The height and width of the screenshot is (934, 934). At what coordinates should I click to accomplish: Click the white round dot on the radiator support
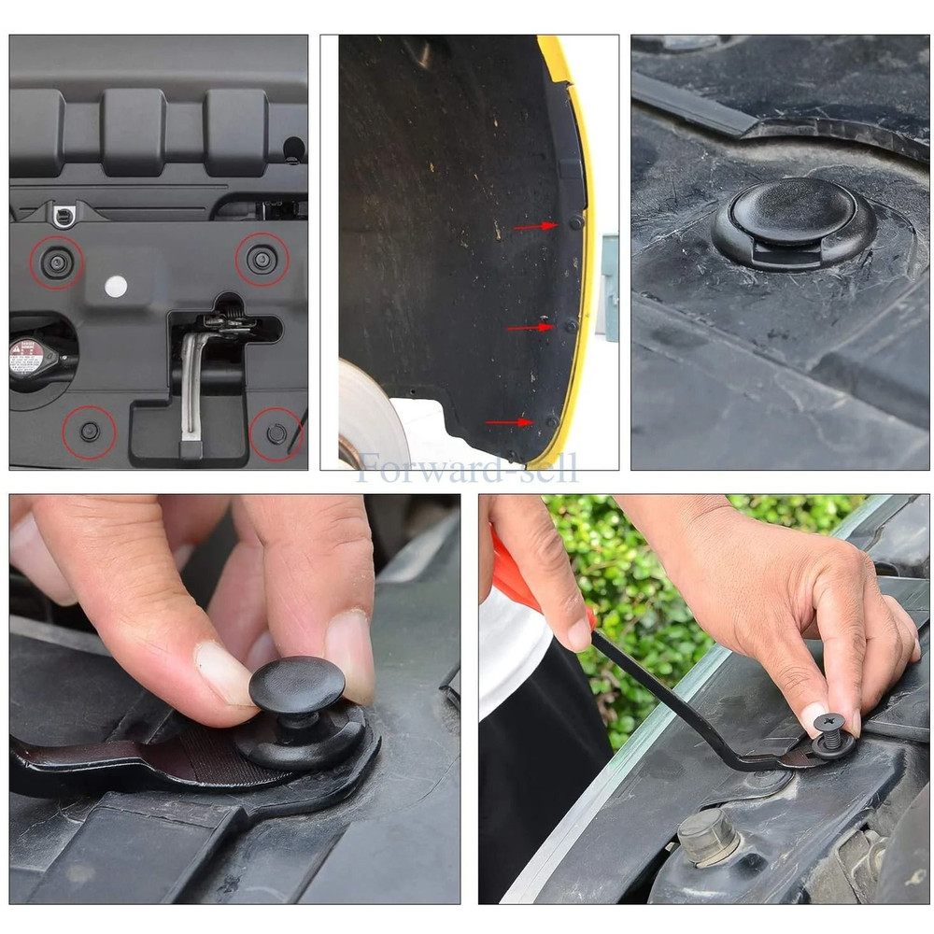click(x=116, y=287)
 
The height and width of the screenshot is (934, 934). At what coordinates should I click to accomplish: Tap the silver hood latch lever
click(x=191, y=383)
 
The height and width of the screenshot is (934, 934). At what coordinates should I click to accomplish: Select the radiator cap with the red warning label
click(x=29, y=356)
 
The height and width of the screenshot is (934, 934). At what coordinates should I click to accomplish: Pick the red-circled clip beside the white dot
click(x=58, y=263)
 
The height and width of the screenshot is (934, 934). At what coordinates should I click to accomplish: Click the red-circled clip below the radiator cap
click(x=90, y=432)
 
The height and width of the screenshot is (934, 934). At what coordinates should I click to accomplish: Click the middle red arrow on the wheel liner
click(x=529, y=328)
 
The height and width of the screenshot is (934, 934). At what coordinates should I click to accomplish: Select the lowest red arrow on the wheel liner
click(x=509, y=422)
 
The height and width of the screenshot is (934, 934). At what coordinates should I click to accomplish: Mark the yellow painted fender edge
click(x=581, y=280)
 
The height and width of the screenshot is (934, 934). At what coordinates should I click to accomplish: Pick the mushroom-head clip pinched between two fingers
click(x=297, y=686)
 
